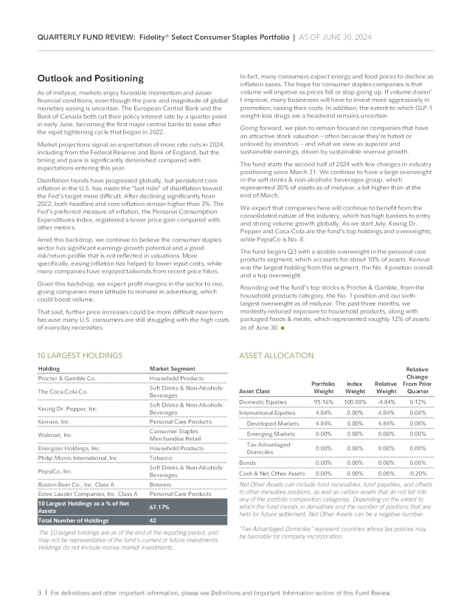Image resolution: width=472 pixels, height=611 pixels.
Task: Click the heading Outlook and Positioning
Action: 90,78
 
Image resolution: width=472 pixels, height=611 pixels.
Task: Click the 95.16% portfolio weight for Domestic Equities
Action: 323,401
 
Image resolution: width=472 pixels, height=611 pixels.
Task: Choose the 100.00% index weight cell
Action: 355,401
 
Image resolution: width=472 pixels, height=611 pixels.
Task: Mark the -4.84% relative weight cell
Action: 386,401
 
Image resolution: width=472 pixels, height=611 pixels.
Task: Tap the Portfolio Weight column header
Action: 323,387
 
